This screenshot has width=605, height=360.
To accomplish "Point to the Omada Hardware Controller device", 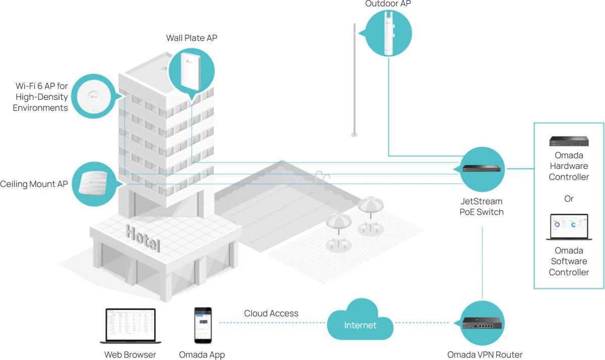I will click(569, 141).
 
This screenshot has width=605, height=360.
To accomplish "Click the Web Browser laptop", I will click(130, 326).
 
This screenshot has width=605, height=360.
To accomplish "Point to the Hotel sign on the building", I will click(143, 238).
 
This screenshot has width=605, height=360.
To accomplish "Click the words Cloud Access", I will click(271, 314).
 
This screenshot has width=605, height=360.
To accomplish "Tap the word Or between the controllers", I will click(569, 199).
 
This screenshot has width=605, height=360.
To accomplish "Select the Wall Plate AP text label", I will click(192, 38).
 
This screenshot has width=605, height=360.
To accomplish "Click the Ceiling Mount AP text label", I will click(34, 184).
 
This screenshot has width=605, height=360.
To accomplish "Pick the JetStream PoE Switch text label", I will click(481, 207).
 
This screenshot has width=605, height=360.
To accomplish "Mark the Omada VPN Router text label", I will click(485, 354).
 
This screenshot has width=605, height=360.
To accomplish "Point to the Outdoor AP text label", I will click(388, 4).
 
